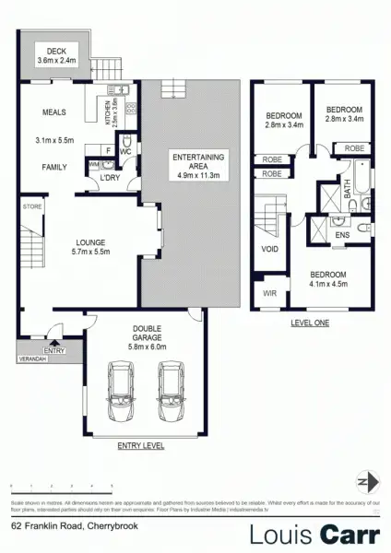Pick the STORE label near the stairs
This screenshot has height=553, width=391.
(33, 206)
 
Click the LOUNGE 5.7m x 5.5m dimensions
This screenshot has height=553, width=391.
(92, 251)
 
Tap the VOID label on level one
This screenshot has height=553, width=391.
(270, 249)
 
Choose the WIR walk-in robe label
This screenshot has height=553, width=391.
(268, 295)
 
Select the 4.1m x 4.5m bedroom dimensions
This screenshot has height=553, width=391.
(328, 284)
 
